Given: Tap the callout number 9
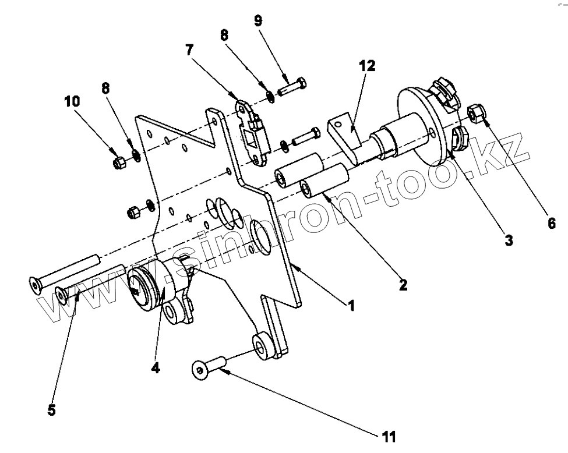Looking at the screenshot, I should [258, 21].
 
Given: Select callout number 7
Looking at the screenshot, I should [189, 49].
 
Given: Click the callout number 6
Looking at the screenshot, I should [551, 222].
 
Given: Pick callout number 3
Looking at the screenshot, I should [509, 239].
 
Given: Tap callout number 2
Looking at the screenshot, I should [403, 285].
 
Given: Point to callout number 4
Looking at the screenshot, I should [156, 368].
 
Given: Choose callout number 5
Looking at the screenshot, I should [51, 410].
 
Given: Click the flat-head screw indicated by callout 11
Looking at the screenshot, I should [209, 368].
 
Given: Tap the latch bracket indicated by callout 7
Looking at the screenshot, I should [252, 128].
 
